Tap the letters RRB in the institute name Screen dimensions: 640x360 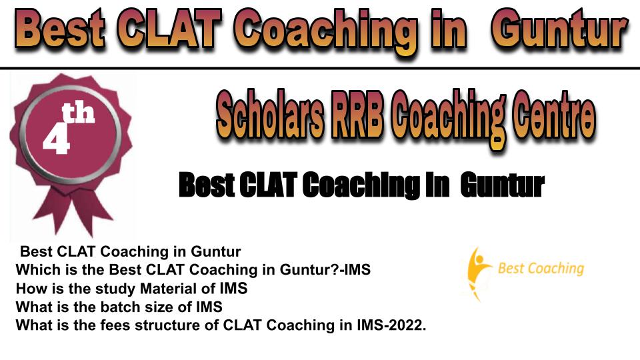coord(357,115)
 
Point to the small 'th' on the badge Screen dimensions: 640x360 coord(79,113)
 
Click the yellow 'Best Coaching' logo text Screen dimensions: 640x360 coord(541,269)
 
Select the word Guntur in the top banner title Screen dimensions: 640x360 coord(559,30)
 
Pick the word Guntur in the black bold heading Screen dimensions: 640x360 coord(502,185)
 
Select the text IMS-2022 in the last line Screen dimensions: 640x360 coord(391,325)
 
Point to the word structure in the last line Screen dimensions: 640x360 coord(177,325)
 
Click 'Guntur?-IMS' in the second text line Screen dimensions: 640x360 coord(325,270)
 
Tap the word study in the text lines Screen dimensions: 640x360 coord(115,289)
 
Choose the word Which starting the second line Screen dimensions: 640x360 coord(34,270)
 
